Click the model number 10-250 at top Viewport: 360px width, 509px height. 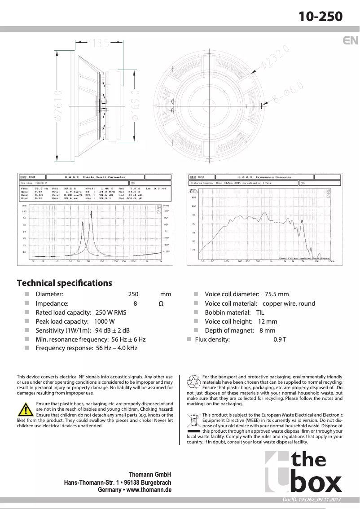[321, 17]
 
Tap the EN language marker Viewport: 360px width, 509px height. [350, 40]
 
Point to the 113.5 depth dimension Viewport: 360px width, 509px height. [98, 43]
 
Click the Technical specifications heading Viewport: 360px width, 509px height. [64, 283]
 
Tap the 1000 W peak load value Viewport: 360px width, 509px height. [104, 321]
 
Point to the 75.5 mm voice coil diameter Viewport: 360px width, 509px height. [277, 294]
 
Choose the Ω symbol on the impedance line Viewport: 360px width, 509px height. [161, 303]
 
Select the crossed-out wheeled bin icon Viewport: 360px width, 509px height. [193, 421]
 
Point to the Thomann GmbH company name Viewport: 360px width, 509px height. [150, 474]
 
